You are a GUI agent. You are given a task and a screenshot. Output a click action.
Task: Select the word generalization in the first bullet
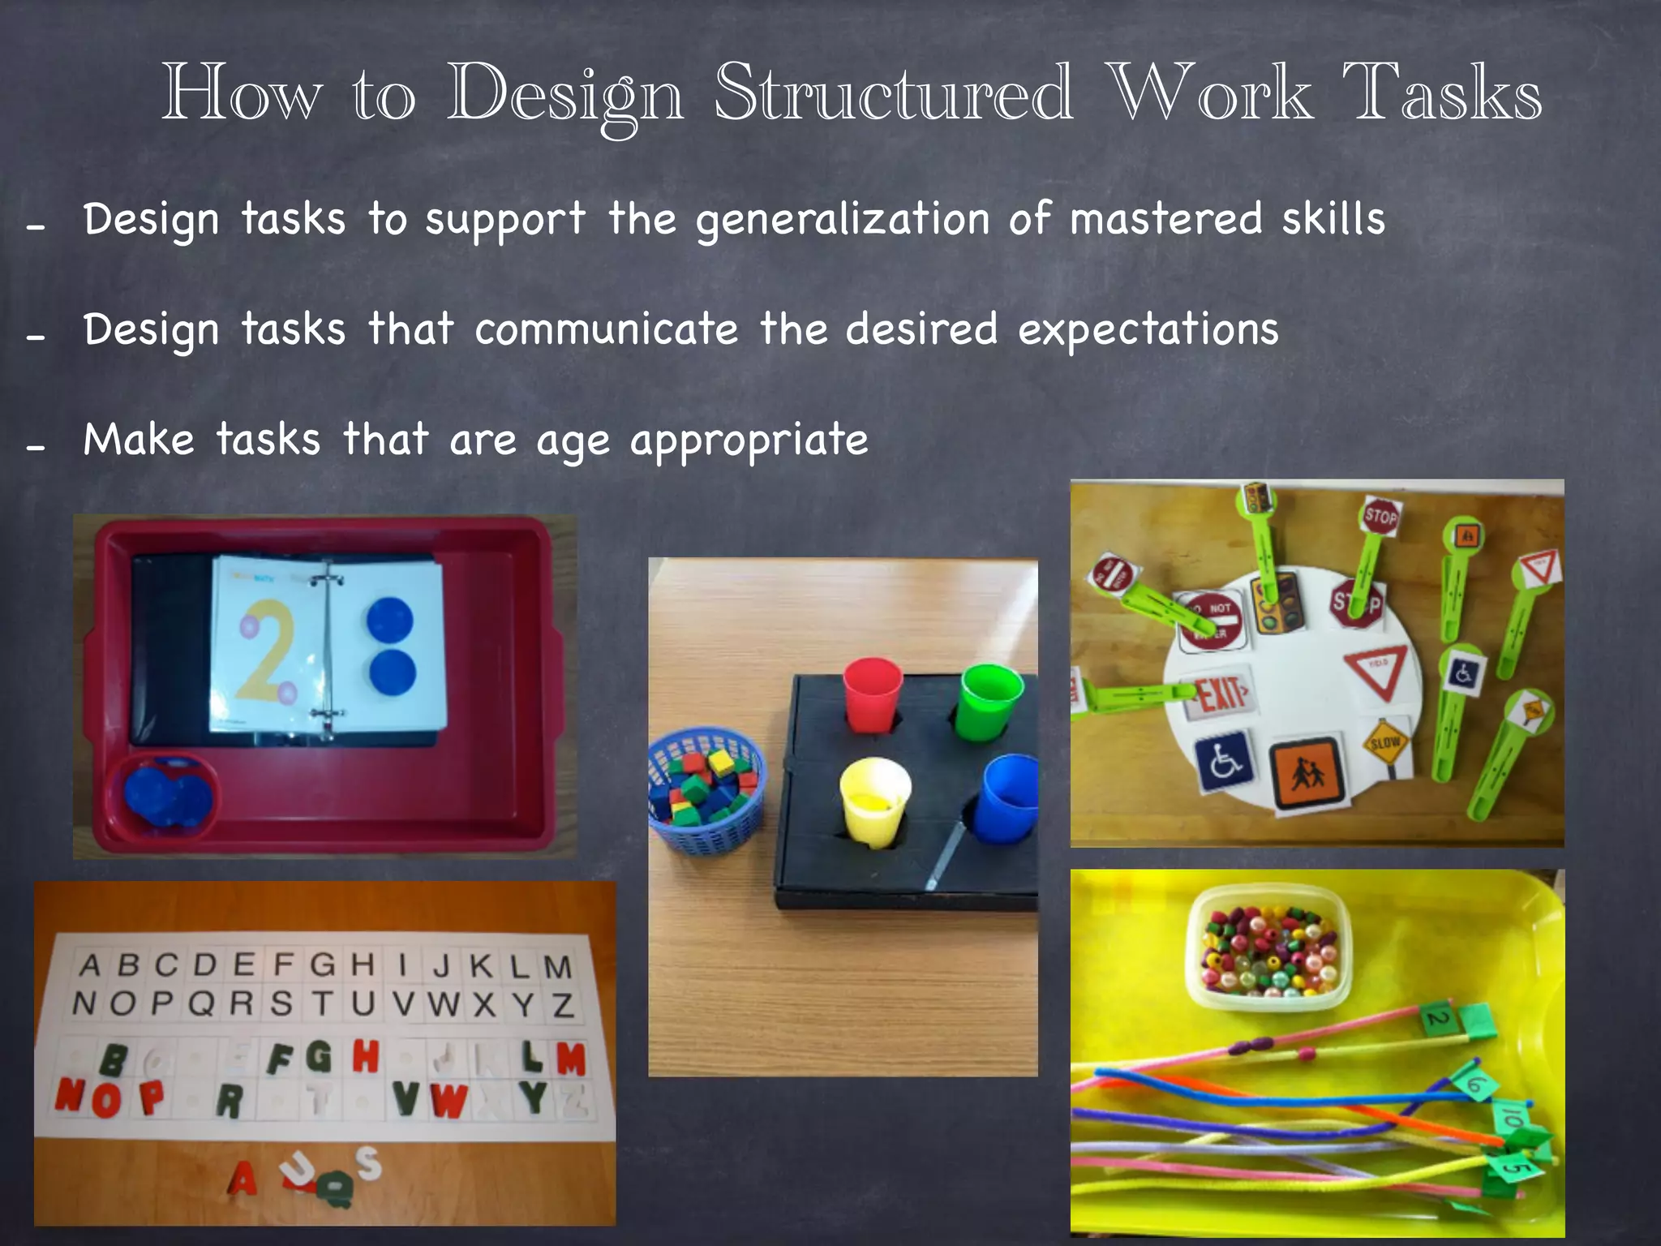[843, 221]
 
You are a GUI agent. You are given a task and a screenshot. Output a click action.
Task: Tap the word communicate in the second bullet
[606, 329]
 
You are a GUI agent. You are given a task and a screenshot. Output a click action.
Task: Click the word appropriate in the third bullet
[749, 441]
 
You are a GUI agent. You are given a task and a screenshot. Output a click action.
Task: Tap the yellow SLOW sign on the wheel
[1384, 742]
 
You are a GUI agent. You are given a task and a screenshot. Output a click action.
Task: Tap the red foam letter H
[366, 1056]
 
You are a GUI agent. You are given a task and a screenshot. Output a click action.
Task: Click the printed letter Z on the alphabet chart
[564, 1006]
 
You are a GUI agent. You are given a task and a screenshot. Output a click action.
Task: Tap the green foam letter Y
[532, 1098]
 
